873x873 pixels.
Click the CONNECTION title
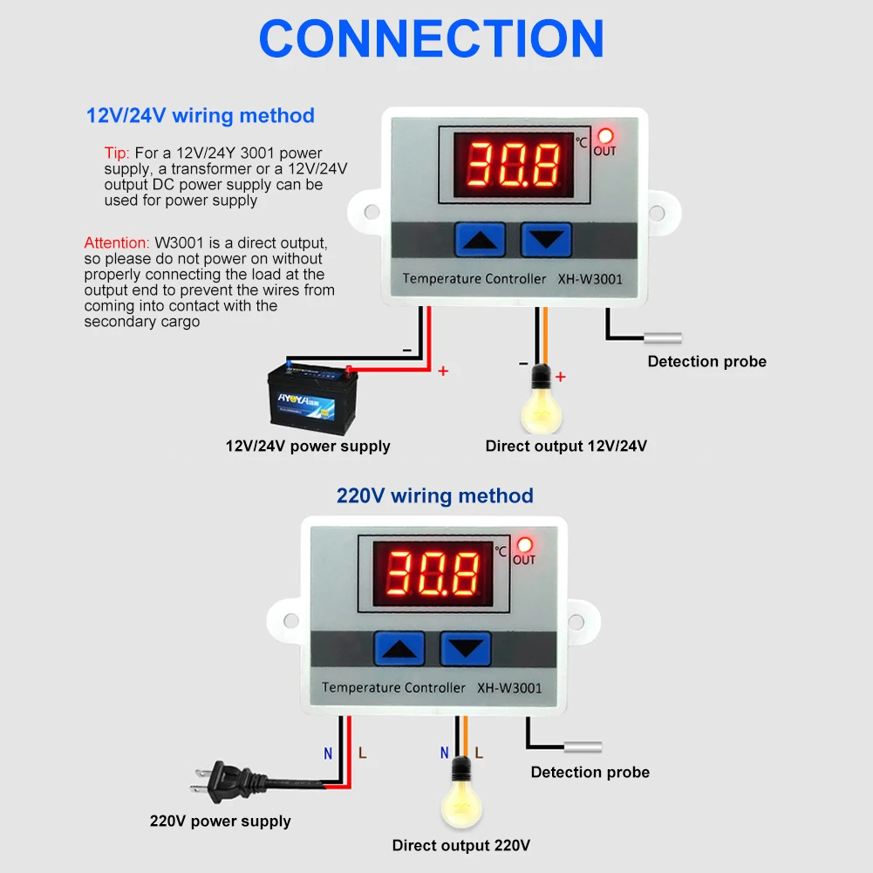[432, 39]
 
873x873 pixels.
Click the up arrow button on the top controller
[481, 239]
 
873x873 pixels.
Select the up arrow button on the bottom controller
[399, 649]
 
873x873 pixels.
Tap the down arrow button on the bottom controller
[465, 649]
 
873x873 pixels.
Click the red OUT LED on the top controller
[605, 135]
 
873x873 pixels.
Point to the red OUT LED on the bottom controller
[524, 544]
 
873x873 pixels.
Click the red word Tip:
[117, 153]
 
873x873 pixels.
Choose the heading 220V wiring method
[434, 495]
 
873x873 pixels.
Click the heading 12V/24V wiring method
[200, 115]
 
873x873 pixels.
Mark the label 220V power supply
[220, 821]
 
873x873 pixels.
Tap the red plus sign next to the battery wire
[443, 372]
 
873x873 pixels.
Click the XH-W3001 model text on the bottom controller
[509, 687]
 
